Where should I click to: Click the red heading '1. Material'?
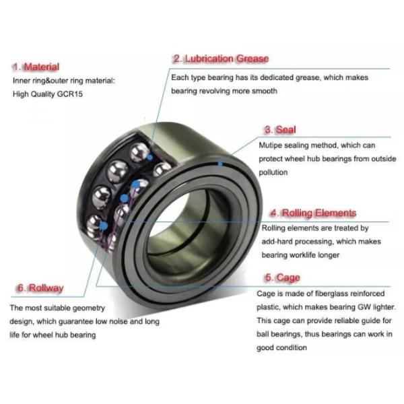[x=36, y=67]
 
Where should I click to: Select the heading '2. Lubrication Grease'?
[x=221, y=59]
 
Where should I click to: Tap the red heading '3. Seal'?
[x=280, y=129]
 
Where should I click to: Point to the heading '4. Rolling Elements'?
[x=313, y=213]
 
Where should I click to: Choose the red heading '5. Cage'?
[x=283, y=277]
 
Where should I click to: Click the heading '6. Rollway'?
[x=40, y=288]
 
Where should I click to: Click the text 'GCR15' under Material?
[x=69, y=94]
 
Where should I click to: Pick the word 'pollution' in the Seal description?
[x=273, y=172]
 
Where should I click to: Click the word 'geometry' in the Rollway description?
[x=89, y=308]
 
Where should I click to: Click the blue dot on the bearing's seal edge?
[x=220, y=164]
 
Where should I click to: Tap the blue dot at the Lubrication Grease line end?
[x=149, y=157]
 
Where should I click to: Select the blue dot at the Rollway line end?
[x=104, y=226]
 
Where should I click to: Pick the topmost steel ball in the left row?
[x=139, y=151]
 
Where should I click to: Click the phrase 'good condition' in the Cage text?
[x=281, y=348]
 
